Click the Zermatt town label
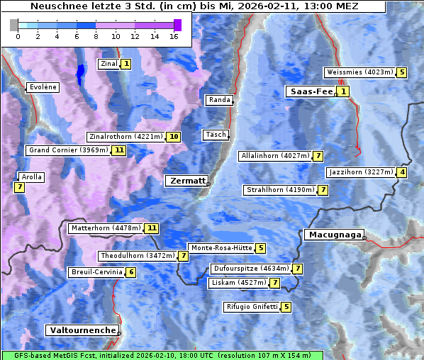pyautogui.click(x=186, y=181)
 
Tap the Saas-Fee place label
pyautogui.click(x=310, y=91)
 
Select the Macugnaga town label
pyautogui.click(x=333, y=235)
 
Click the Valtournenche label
pyautogui.click(x=82, y=330)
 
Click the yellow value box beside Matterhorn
pyautogui.click(x=152, y=228)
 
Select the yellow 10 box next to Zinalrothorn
pyautogui.click(x=174, y=137)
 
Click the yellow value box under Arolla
pyautogui.click(x=19, y=188)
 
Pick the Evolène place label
pyautogui.click(x=43, y=87)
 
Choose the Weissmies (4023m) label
pyautogui.click(x=359, y=72)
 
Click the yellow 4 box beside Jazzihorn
pyautogui.click(x=403, y=172)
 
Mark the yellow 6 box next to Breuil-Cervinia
pyautogui.click(x=131, y=272)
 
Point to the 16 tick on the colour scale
pyautogui.click(x=174, y=36)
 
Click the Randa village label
pyautogui.click(x=219, y=100)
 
